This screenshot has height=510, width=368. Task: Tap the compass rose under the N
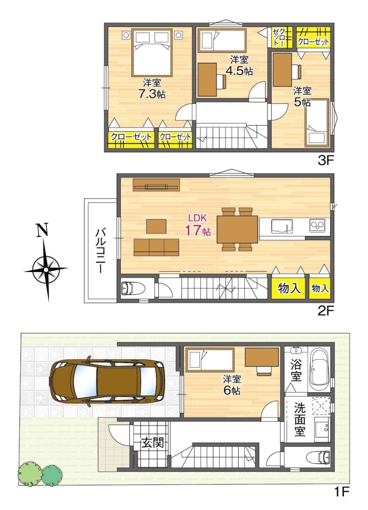[46, 269]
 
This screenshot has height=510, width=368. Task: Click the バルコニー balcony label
[100, 249]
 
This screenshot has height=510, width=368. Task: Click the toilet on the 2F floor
[130, 288]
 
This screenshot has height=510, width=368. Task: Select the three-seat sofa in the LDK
[156, 247]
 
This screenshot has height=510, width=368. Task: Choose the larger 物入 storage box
[289, 288]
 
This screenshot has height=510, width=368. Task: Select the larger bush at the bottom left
[29, 473]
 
